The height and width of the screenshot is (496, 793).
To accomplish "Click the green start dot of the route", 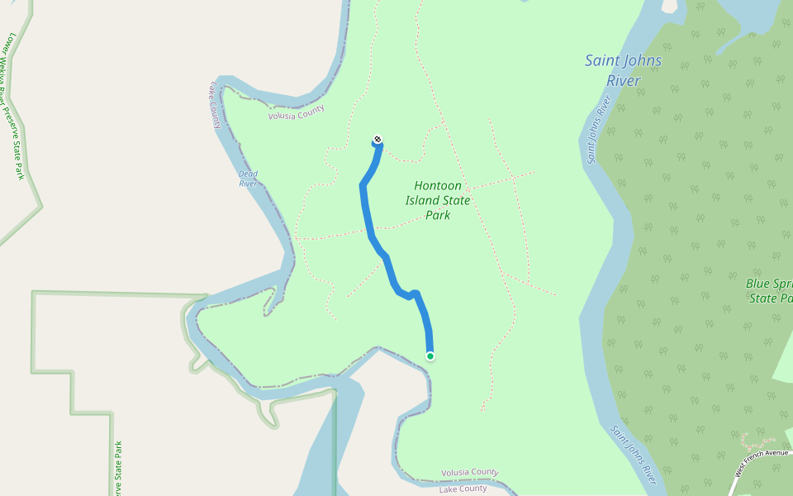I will pyautogui.click(x=430, y=356).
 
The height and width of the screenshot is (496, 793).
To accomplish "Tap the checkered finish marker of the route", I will pyautogui.click(x=378, y=139).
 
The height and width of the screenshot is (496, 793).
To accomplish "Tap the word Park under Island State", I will pyautogui.click(x=438, y=215).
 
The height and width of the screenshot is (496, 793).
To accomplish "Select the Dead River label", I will pyautogui.click(x=248, y=179).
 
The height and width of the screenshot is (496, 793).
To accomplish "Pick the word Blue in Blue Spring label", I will pyautogui.click(x=759, y=283).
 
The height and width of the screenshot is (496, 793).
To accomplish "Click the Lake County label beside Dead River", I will pyautogui.click(x=214, y=105).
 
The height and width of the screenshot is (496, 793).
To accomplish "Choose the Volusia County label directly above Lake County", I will pyautogui.click(x=470, y=473).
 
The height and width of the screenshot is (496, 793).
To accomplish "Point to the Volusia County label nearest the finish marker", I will pyautogui.click(x=297, y=113).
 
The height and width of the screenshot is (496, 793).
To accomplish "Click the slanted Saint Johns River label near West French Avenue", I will pyautogui.click(x=634, y=455).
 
